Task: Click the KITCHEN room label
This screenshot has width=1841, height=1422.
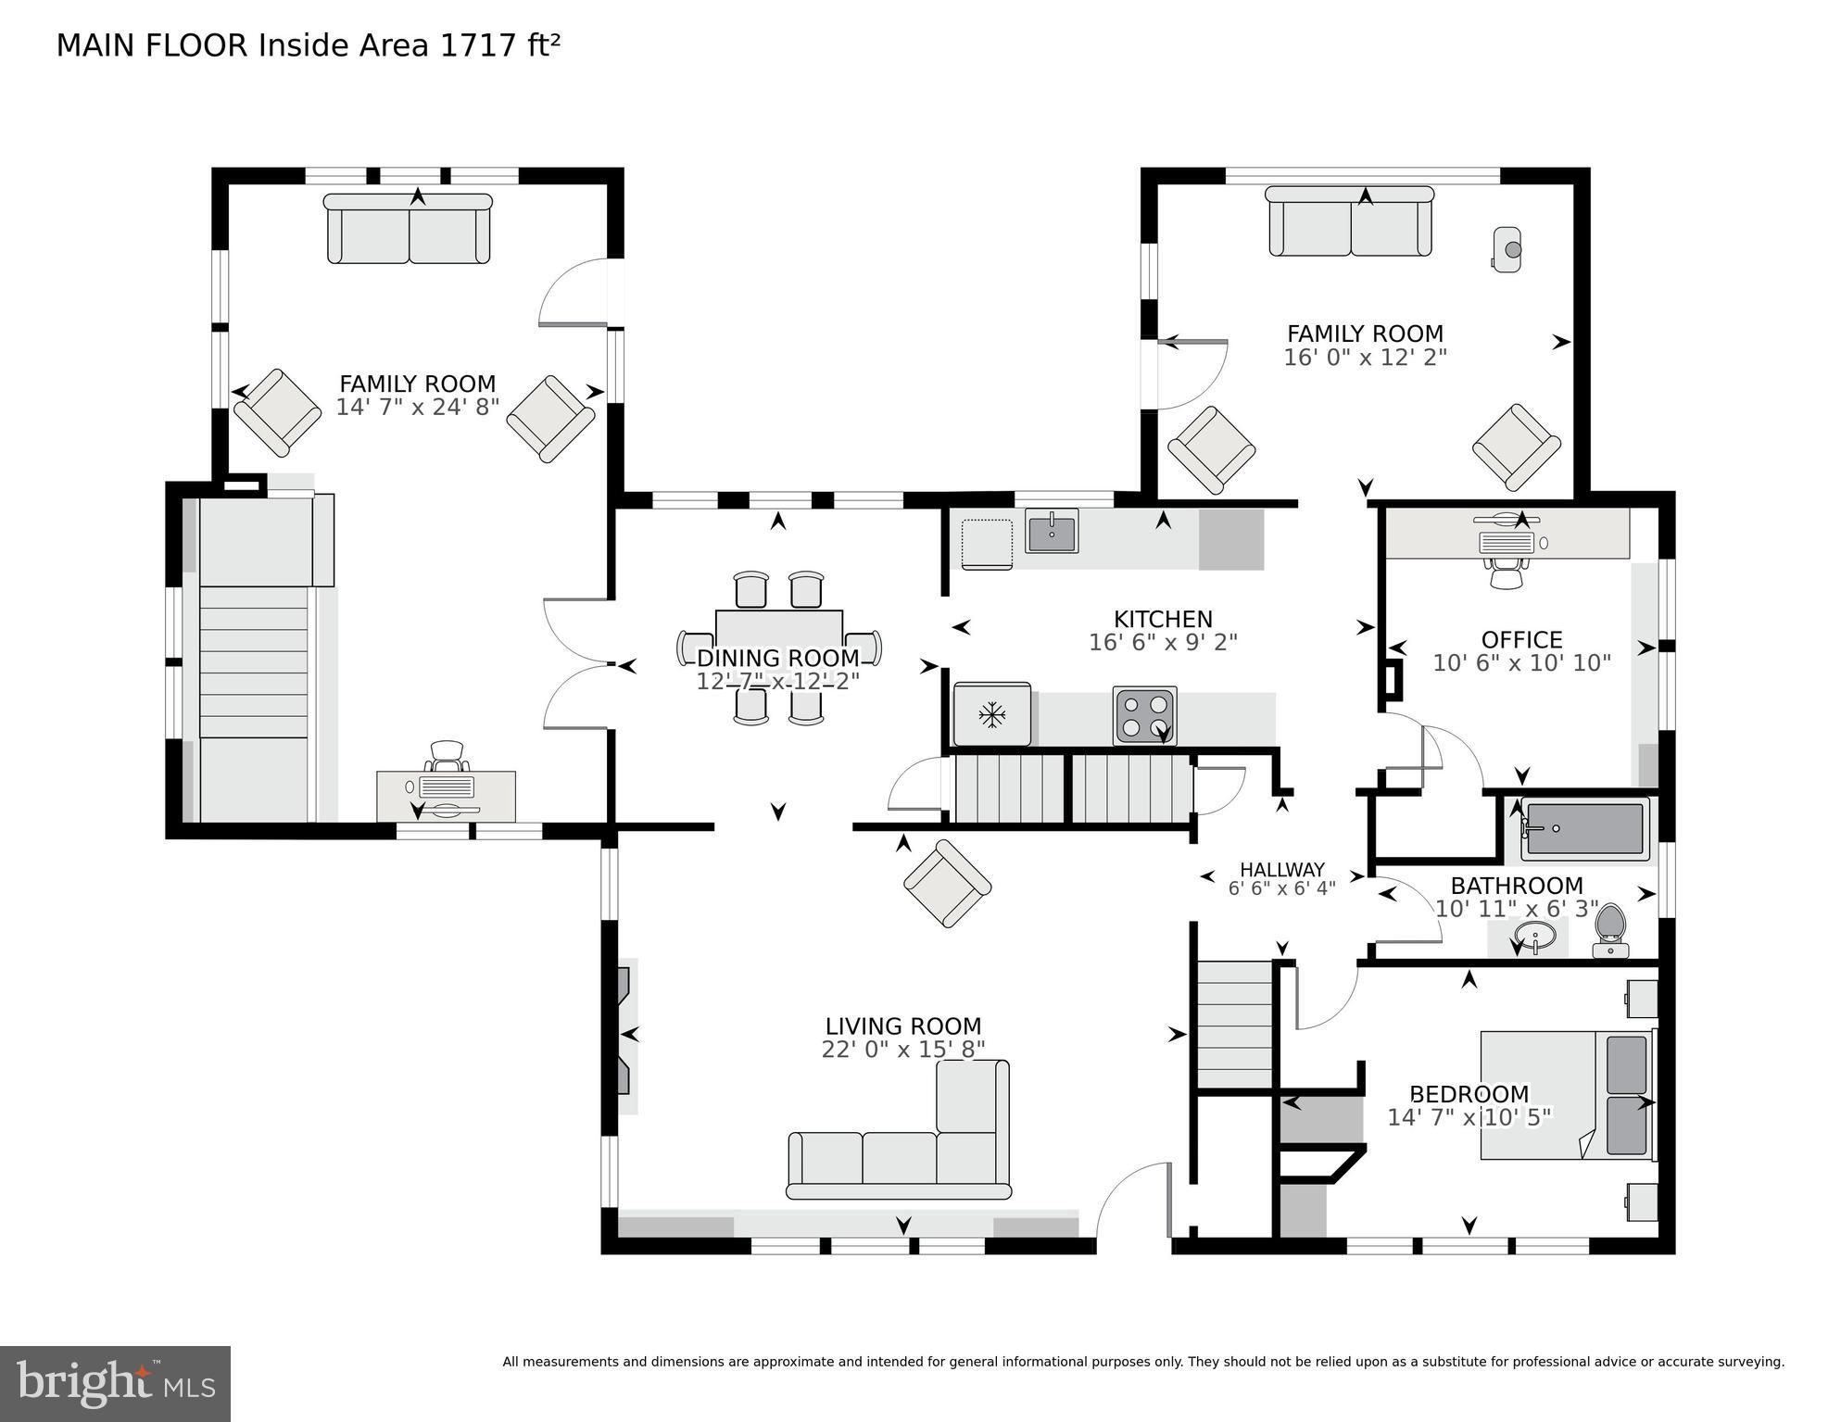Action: tap(1162, 619)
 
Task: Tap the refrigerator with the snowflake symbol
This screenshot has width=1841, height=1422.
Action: tap(992, 713)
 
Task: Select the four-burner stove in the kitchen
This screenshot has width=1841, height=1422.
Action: tap(1144, 715)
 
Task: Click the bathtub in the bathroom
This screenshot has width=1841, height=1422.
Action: tap(1585, 828)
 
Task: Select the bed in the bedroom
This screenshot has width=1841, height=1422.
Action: tap(1566, 1094)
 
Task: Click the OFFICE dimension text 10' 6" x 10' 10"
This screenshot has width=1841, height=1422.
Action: tap(1521, 663)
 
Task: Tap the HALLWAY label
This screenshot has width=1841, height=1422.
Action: tap(1281, 869)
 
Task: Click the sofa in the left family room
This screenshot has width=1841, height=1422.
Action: tap(409, 230)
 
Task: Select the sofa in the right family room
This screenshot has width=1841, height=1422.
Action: tap(1350, 222)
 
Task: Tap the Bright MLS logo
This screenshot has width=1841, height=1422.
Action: tap(115, 1383)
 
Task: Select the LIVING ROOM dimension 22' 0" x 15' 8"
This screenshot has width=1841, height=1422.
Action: tap(902, 1049)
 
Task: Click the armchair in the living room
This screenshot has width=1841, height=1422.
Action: tap(947, 883)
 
